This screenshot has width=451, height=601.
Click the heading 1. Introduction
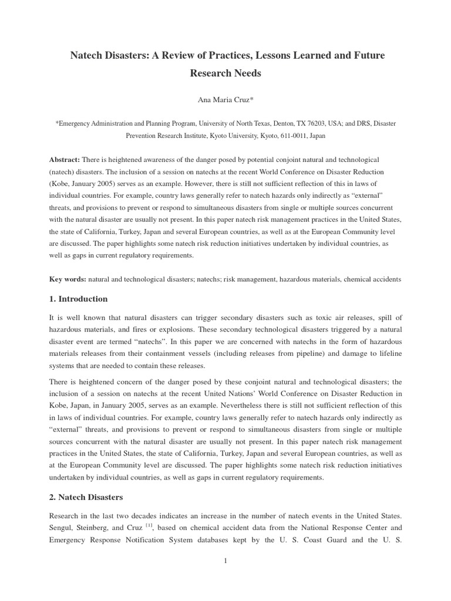(x=78, y=299)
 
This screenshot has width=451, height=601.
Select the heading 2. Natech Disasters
(x=86, y=497)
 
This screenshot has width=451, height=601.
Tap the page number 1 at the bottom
(x=225, y=561)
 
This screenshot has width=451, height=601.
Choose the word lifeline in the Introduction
(x=386, y=353)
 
